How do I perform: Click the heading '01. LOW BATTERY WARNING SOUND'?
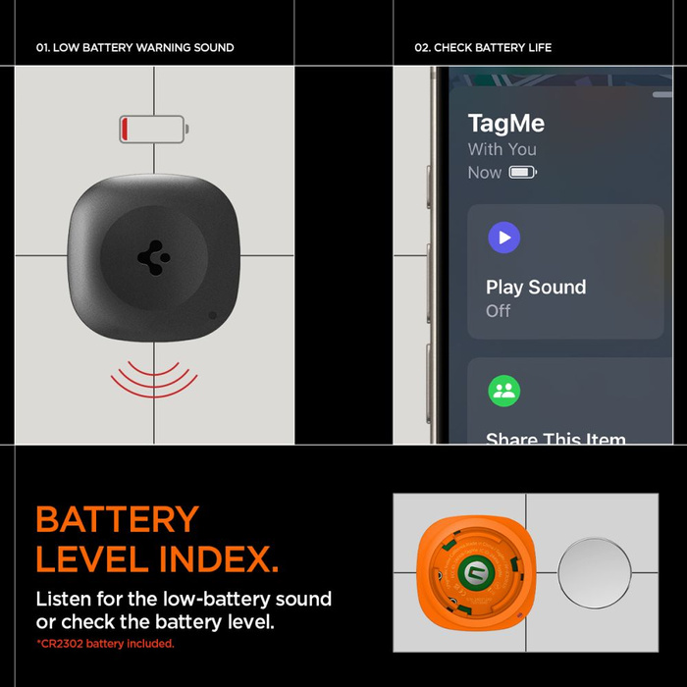(134, 47)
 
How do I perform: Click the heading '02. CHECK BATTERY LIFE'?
(483, 47)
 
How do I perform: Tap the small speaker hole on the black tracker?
(213, 316)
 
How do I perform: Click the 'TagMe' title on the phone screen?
(505, 124)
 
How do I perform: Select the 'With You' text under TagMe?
(502, 149)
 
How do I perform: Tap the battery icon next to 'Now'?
(522, 173)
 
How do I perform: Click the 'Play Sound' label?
(536, 288)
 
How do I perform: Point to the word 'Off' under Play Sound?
(498, 311)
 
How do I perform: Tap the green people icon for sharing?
(504, 391)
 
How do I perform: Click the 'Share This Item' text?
(555, 439)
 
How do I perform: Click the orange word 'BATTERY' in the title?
(117, 519)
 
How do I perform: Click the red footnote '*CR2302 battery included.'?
(105, 644)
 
